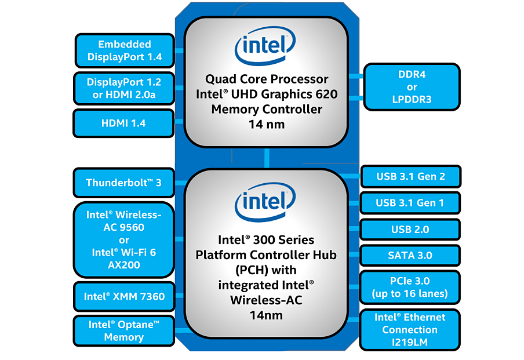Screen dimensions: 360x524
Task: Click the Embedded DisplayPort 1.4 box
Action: pyautogui.click(x=125, y=50)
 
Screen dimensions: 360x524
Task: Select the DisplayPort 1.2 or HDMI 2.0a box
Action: pyautogui.click(x=124, y=89)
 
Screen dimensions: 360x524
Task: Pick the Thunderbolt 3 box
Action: pyautogui.click(x=124, y=183)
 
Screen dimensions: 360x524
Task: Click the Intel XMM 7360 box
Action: pyautogui.click(x=124, y=296)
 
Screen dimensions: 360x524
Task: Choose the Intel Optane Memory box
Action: pyautogui.click(x=124, y=330)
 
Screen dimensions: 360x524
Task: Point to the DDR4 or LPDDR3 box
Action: pyautogui.click(x=412, y=87)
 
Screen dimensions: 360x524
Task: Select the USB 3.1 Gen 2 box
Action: pyautogui.click(x=410, y=176)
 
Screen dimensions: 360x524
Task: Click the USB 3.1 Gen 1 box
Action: pyautogui.click(x=410, y=203)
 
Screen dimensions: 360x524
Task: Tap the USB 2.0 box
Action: pyautogui.click(x=410, y=229)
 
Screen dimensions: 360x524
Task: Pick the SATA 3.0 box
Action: pyautogui.click(x=410, y=255)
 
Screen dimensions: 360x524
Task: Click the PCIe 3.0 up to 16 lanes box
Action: pyautogui.click(x=410, y=287)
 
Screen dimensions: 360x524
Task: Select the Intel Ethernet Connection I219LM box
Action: pyautogui.click(x=410, y=330)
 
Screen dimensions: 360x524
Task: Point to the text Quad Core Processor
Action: pyautogui.click(x=267, y=79)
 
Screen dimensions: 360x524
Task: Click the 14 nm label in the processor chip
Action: pyautogui.click(x=267, y=124)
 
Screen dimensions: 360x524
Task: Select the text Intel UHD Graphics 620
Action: pyautogui.click(x=267, y=94)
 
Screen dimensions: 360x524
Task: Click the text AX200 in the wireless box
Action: pyautogui.click(x=124, y=265)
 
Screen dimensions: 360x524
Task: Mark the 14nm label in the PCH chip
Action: pyautogui.click(x=267, y=315)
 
